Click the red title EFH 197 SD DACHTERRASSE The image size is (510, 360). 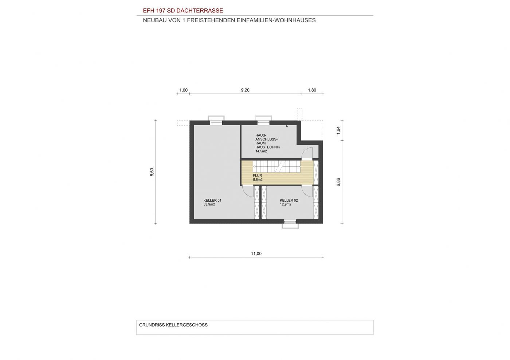tap(183, 11)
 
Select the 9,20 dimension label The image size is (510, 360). tap(245, 90)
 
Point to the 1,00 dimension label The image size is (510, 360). tap(184, 90)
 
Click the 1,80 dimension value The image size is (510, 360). tap(312, 90)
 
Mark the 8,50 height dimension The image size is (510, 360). tap(152, 172)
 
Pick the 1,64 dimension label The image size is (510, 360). tap(338, 130)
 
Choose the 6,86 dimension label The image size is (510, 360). tap(338, 182)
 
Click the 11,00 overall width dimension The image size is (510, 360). tap(256, 253)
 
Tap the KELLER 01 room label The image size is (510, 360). tap(212, 201)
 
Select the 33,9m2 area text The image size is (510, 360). tap(209, 204)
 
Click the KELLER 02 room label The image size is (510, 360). tap(289, 201)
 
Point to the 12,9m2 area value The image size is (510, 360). tap(286, 204)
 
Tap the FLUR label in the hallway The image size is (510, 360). tap(258, 176)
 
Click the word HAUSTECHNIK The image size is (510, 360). tap(268, 147)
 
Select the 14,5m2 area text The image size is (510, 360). tap(261, 151)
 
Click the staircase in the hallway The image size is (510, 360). tap(277, 166)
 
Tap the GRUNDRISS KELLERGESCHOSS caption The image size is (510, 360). tap(173, 325)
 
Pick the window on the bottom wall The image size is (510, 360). tap(290, 224)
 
